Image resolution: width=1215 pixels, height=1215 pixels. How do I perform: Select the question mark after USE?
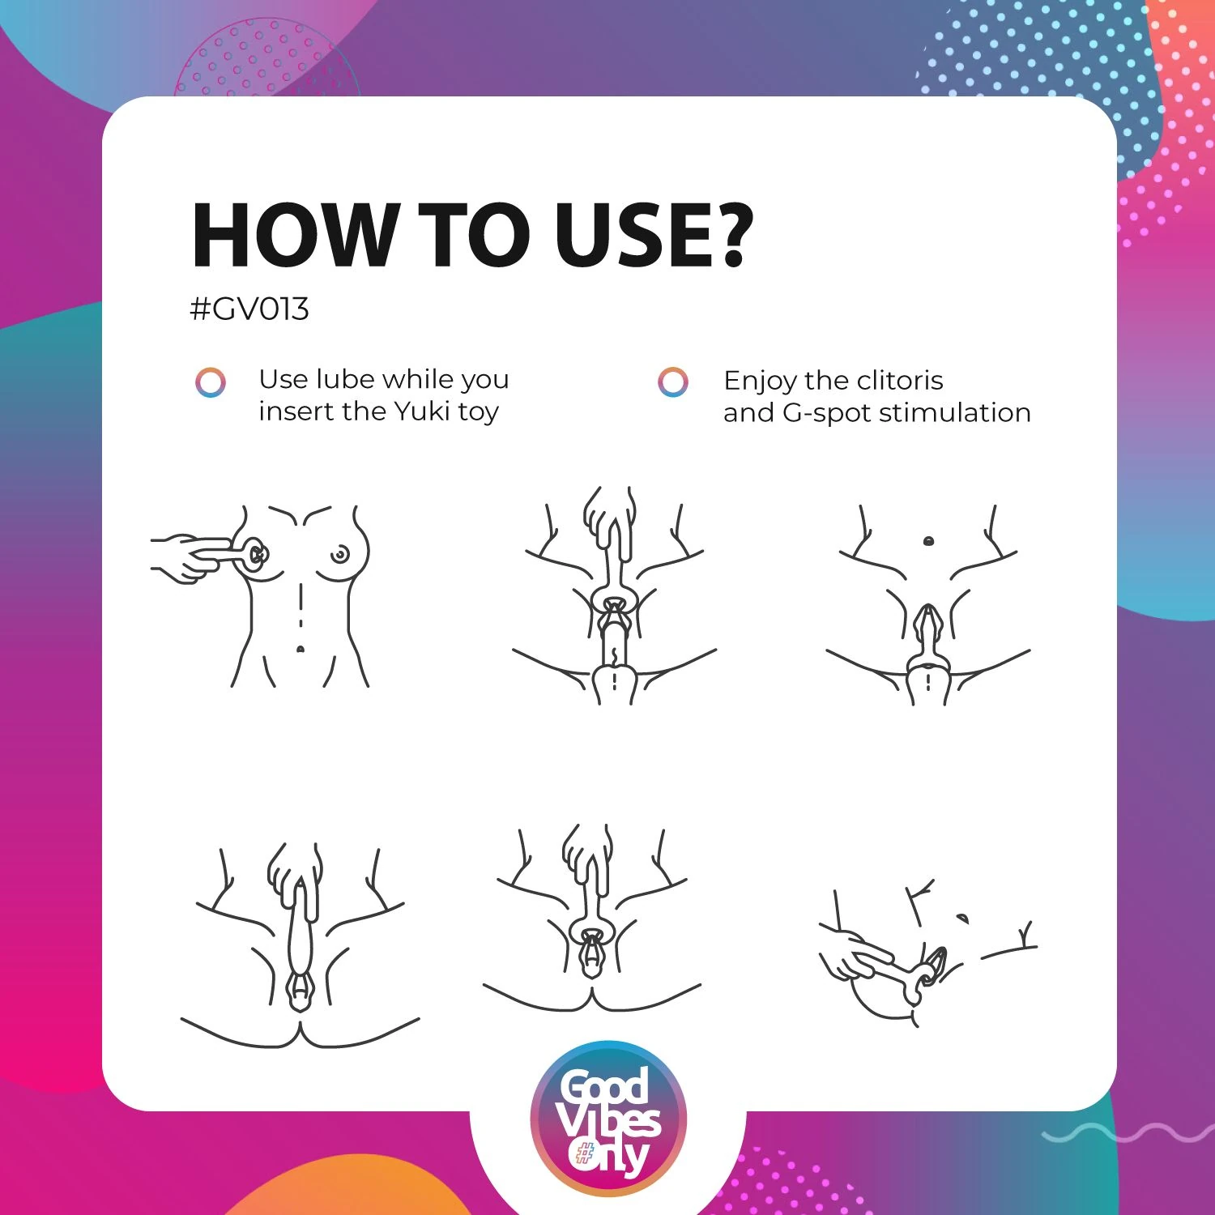pyautogui.click(x=734, y=234)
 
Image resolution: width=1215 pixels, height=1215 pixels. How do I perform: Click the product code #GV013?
pyautogui.click(x=249, y=309)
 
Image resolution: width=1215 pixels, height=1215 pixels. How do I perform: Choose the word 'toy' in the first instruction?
pyautogui.click(x=478, y=414)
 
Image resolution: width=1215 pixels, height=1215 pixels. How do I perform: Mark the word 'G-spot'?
pyautogui.click(x=826, y=414)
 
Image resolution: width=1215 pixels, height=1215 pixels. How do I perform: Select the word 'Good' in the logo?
pyautogui.click(x=605, y=1085)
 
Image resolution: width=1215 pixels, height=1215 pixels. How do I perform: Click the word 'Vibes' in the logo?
pyautogui.click(x=608, y=1120)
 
